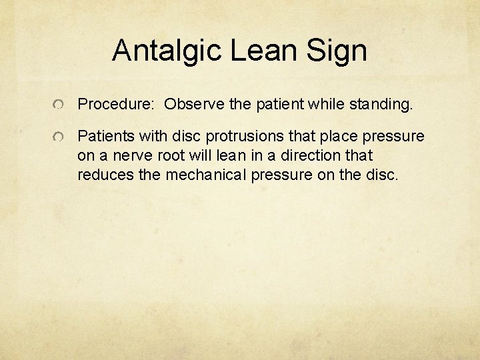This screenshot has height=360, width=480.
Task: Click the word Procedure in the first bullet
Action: (115, 104)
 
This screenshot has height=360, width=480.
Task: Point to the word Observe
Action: (192, 104)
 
